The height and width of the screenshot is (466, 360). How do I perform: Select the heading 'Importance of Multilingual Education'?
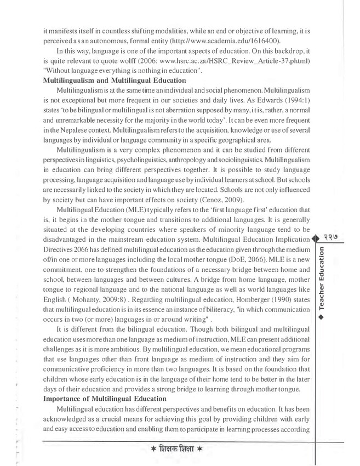[x=104, y=399]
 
